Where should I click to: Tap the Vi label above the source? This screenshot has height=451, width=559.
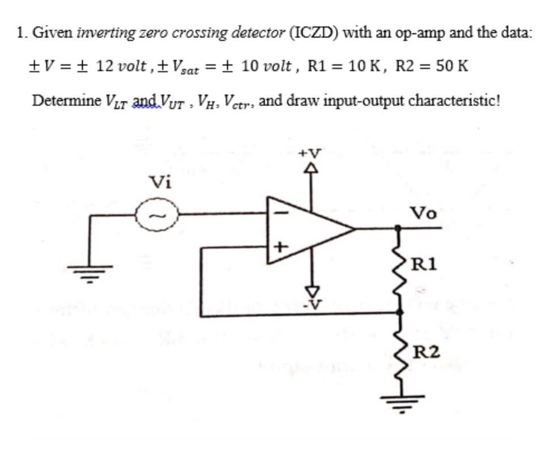(160, 182)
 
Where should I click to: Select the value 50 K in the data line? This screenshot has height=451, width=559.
(452, 65)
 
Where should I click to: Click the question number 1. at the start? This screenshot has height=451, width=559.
(22, 32)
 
